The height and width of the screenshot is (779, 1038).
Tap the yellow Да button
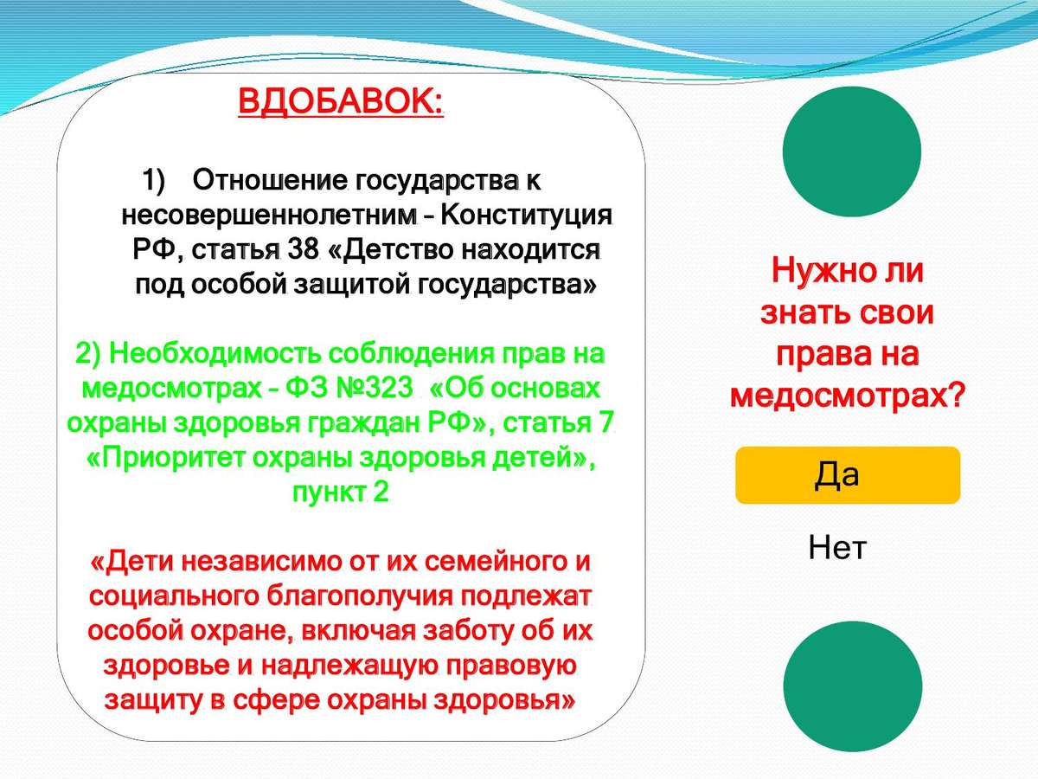click(x=848, y=475)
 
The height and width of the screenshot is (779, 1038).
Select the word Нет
click(x=837, y=547)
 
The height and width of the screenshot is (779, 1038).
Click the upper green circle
click(x=852, y=151)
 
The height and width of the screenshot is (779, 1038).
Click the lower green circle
click(x=852, y=686)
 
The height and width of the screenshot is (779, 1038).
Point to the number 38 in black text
click(x=303, y=250)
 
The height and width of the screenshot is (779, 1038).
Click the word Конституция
click(x=526, y=216)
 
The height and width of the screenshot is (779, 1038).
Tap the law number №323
click(x=374, y=389)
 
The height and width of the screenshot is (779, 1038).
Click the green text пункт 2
click(x=340, y=493)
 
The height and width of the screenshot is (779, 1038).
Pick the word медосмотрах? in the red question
click(x=847, y=396)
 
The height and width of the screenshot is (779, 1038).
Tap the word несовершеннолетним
click(x=270, y=216)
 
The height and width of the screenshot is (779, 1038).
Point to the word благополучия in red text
click(x=359, y=596)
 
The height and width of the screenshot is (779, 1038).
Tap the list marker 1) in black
click(x=153, y=181)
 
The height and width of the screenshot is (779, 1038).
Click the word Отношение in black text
click(x=270, y=181)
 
